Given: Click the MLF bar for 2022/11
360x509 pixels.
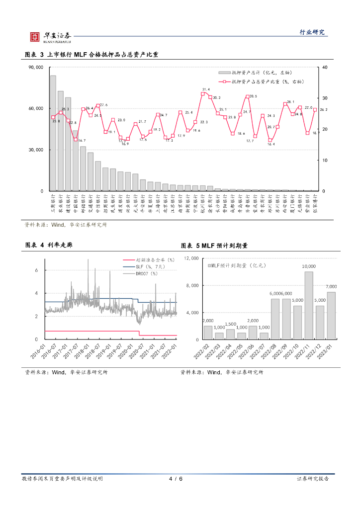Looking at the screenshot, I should click(309, 306).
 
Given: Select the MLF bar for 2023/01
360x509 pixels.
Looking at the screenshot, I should click(331, 316).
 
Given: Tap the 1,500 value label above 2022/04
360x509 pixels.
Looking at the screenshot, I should click(230, 324).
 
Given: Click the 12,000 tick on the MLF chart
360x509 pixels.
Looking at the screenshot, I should click(191, 258).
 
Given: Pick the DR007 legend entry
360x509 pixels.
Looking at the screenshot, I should click(147, 273).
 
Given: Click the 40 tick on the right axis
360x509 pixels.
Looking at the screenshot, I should click(325, 68).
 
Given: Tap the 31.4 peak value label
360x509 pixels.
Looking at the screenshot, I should click(206, 89).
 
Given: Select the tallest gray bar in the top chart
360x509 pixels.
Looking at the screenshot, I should click(53, 133).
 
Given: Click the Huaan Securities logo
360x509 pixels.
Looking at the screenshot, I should click(50, 36).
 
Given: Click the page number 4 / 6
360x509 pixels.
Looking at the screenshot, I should click(176, 479).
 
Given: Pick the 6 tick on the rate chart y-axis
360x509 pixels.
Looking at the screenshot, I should click(36, 270).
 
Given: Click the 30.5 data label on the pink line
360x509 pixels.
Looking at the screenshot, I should click(253, 96).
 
